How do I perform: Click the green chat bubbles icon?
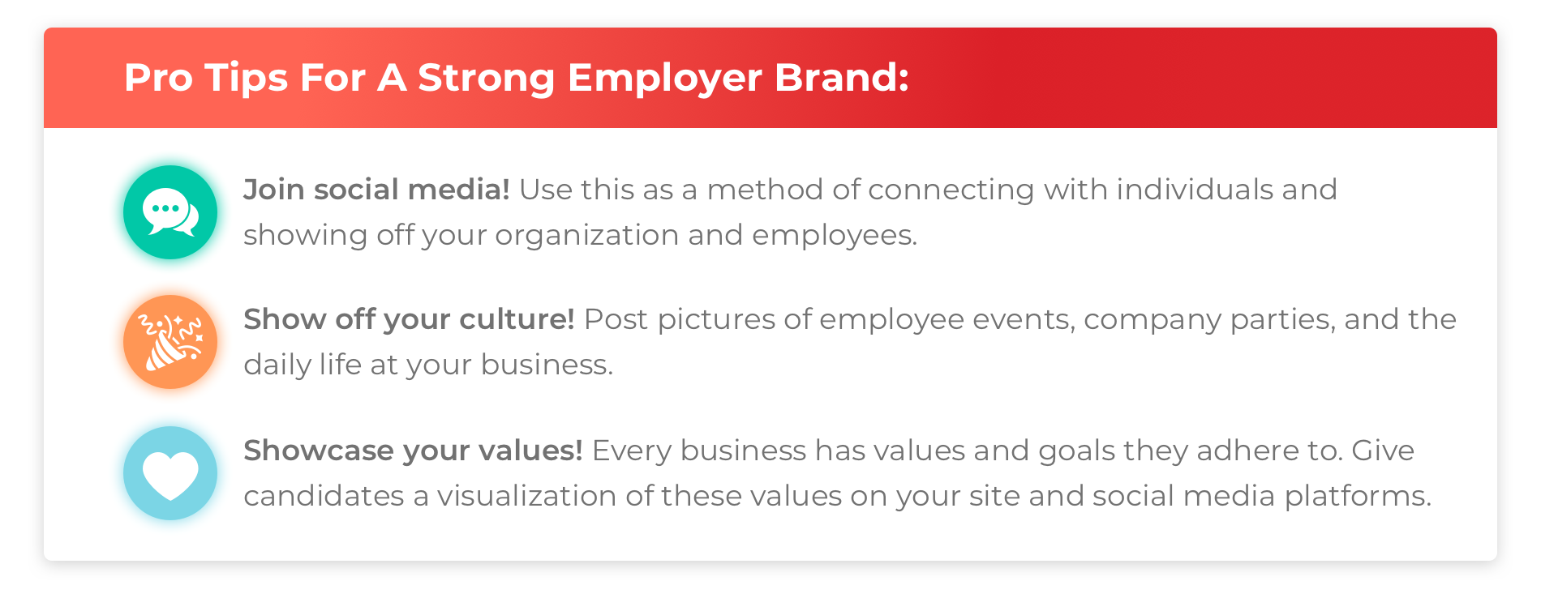click(x=170, y=212)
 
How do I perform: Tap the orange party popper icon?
click(x=170, y=342)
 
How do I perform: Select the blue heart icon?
click(x=170, y=473)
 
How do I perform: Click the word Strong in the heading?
click(x=486, y=79)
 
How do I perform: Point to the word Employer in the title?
click(x=665, y=79)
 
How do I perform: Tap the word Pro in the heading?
click(x=158, y=78)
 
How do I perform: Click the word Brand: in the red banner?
click(x=842, y=77)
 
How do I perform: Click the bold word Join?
click(x=274, y=190)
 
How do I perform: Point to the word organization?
click(x=587, y=236)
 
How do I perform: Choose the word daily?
click(x=277, y=365)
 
